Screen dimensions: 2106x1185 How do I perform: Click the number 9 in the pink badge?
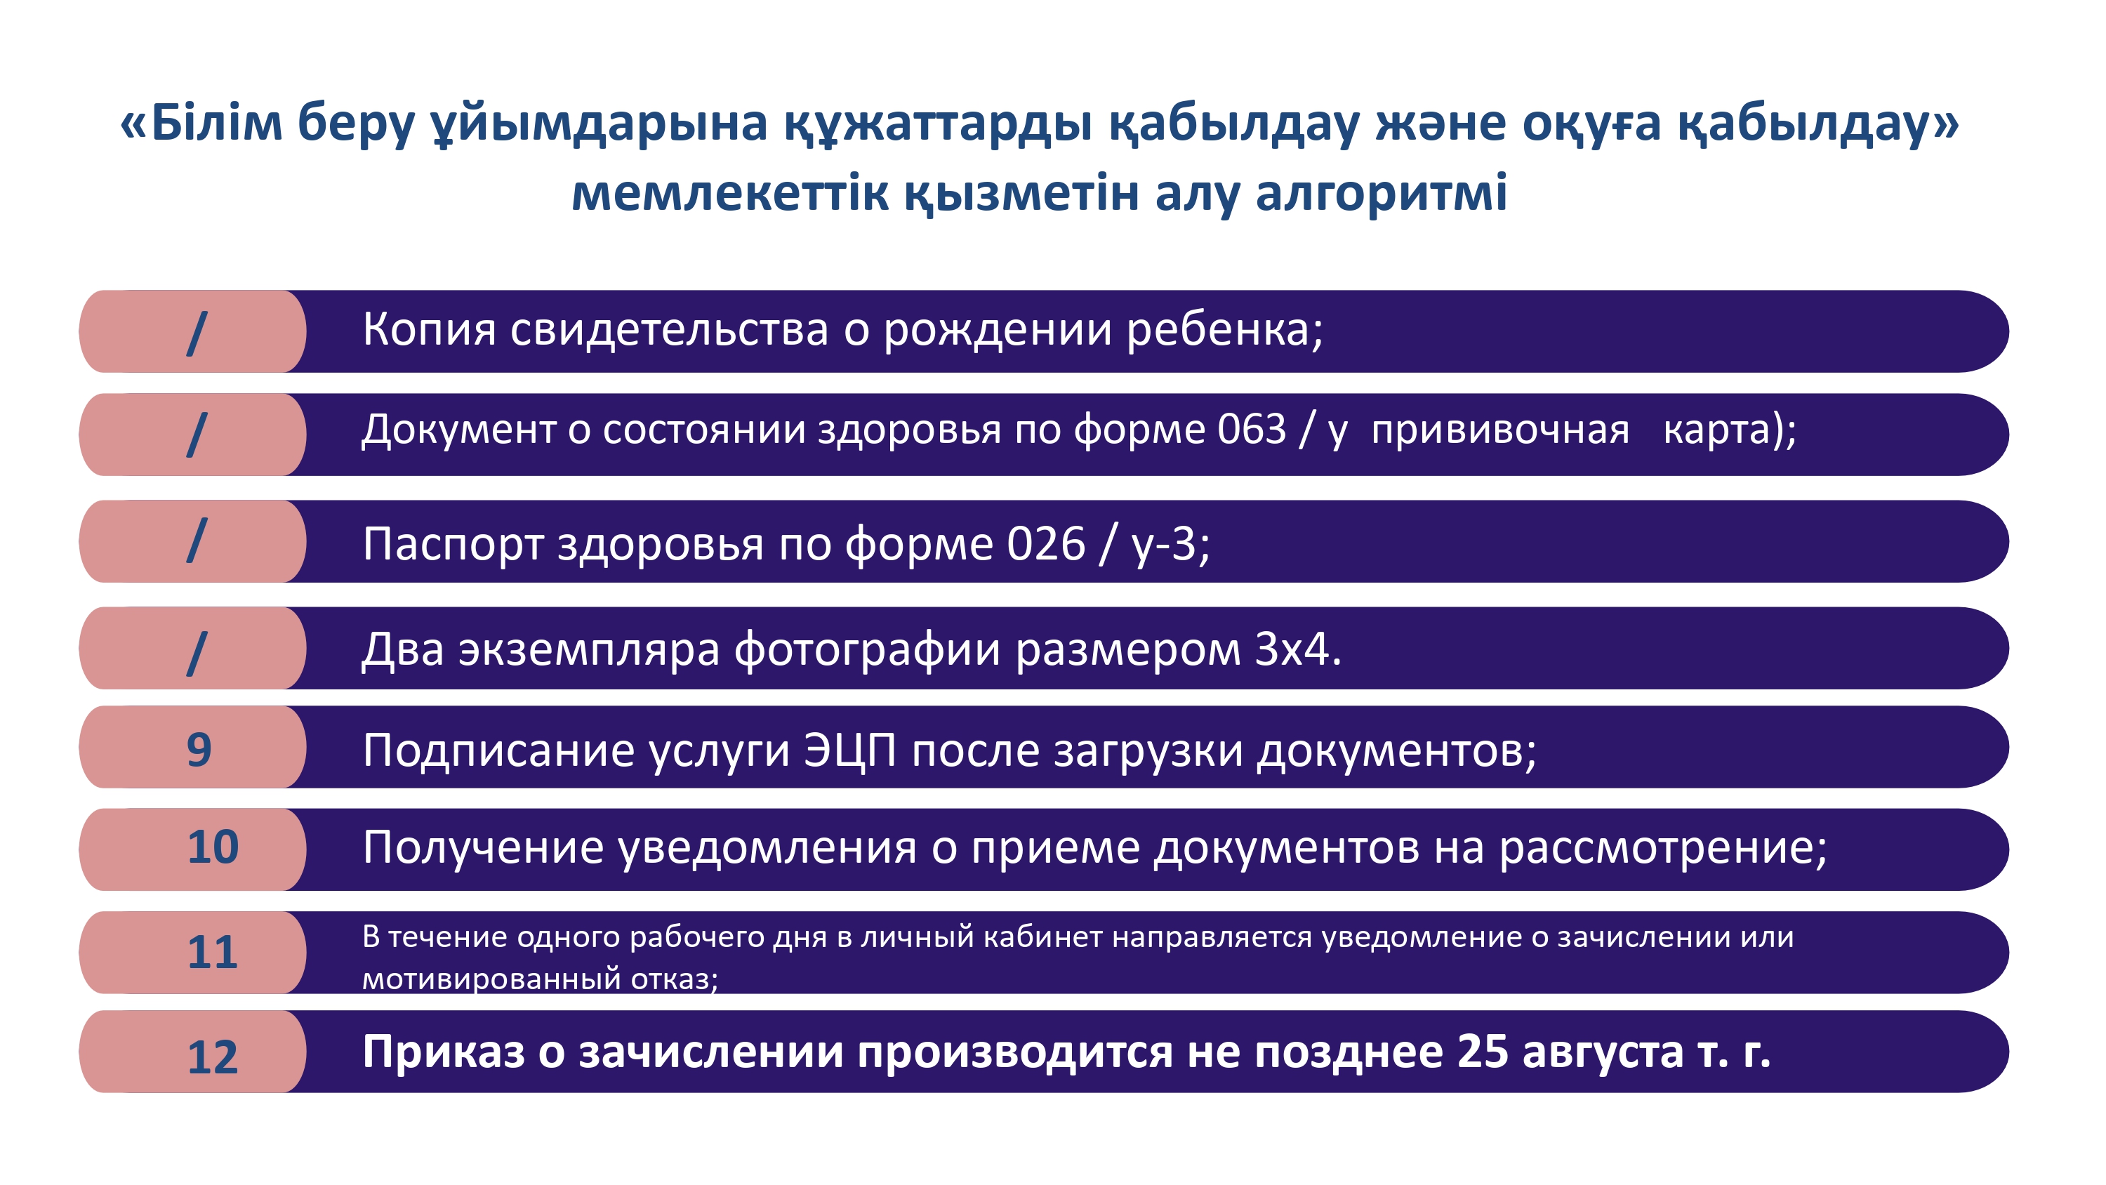click(x=199, y=749)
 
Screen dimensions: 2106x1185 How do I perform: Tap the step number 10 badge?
click(x=213, y=847)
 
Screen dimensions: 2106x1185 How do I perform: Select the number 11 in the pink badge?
click(x=213, y=952)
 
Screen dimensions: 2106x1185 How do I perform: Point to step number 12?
click(x=213, y=1057)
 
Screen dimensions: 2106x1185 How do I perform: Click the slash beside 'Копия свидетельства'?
click(x=197, y=333)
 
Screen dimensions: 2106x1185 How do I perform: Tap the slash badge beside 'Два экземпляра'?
click(x=197, y=653)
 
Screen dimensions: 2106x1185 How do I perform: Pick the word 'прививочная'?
click(x=1500, y=431)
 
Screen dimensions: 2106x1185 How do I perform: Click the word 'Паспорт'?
click(x=453, y=545)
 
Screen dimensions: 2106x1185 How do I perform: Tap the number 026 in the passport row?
click(x=1046, y=543)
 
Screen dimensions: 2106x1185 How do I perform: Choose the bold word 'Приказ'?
click(x=443, y=1052)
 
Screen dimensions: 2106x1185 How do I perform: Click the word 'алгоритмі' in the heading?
click(x=1381, y=194)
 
